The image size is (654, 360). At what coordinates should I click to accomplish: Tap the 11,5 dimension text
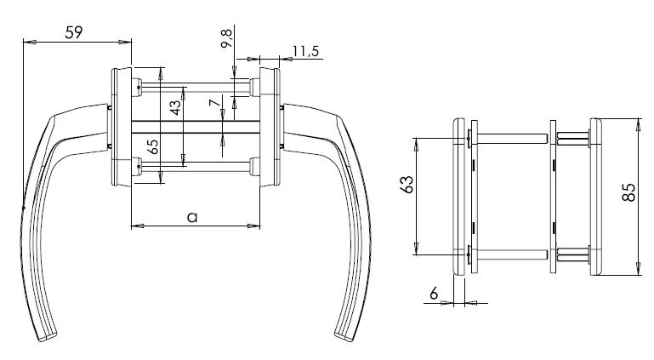coord(304,52)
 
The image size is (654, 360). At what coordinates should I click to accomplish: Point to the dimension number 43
coord(173,108)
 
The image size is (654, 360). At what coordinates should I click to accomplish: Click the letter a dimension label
coord(192,217)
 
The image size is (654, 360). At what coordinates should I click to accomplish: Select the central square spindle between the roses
coord(196,129)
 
